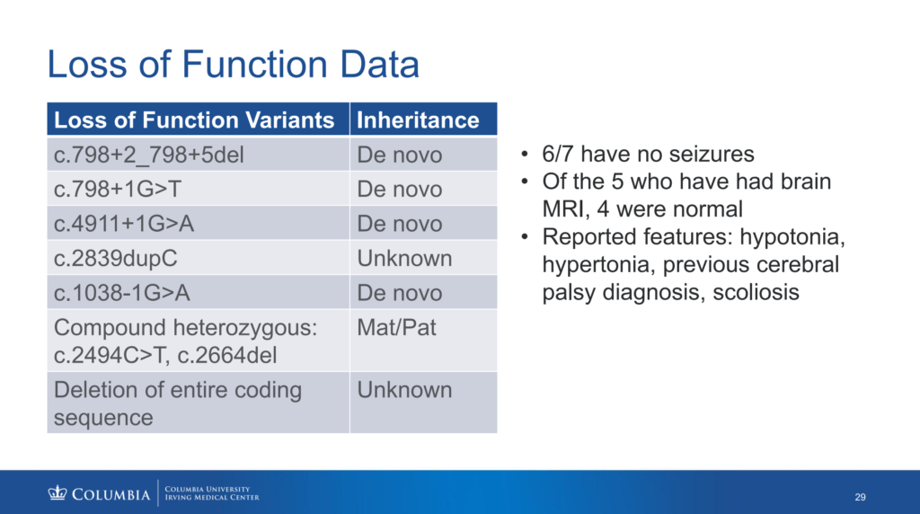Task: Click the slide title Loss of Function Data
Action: tap(233, 64)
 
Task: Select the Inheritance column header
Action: tap(418, 120)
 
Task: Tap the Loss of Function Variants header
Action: tap(194, 120)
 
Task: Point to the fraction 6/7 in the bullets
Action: tap(557, 154)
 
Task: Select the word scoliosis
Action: tap(756, 292)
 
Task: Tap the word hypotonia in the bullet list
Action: tap(792, 237)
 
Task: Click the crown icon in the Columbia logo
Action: tap(57, 492)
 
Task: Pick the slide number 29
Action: tap(860, 497)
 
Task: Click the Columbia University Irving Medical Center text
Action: tap(212, 492)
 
